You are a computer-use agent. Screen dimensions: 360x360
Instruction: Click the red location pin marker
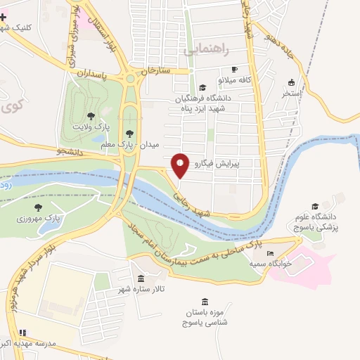180,165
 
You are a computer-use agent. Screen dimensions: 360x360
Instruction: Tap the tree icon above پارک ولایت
90,116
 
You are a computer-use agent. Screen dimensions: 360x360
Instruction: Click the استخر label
291,92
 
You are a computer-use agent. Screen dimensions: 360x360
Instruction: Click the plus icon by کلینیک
4,17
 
